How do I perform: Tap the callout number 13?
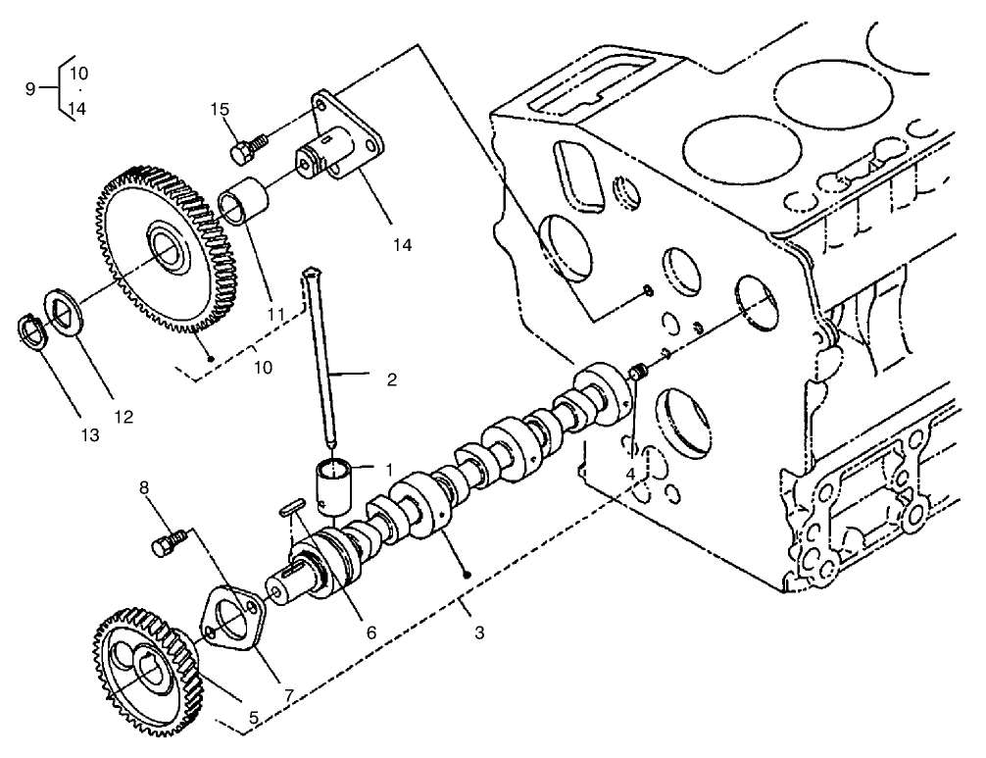[90, 434]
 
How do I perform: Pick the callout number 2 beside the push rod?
[391, 379]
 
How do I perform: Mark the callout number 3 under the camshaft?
[478, 633]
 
